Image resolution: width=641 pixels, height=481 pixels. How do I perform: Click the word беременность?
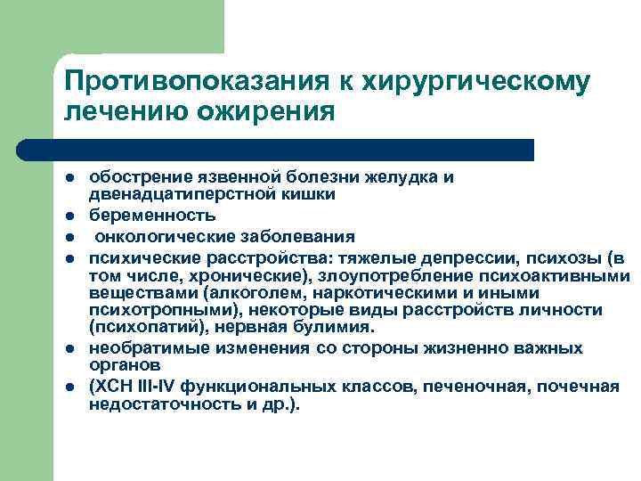(x=152, y=216)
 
